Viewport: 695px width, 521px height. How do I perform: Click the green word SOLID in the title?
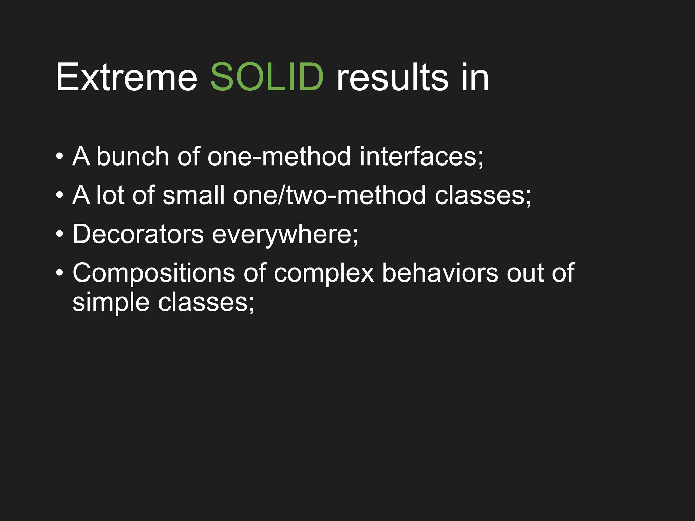pyautogui.click(x=267, y=77)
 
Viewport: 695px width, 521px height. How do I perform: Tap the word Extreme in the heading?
pyautogui.click(x=127, y=77)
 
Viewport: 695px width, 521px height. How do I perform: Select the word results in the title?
pyautogui.click(x=392, y=77)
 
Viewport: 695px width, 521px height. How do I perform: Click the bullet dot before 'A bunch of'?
pyautogui.click(x=60, y=157)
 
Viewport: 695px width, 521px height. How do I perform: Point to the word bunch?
pyautogui.click(x=132, y=157)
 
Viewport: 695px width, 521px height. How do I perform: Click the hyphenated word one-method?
pyautogui.click(x=279, y=157)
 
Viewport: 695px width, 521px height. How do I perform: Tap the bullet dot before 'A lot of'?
pyautogui.click(x=60, y=196)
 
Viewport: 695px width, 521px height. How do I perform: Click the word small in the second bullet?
pyautogui.click(x=193, y=196)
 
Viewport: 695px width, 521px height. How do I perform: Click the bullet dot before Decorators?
pyautogui.click(x=60, y=234)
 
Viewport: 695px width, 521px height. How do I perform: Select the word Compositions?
pyautogui.click(x=153, y=273)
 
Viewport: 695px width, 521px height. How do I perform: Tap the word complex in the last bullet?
pyautogui.click(x=323, y=273)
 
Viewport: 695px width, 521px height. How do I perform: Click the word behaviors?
pyautogui.click(x=440, y=273)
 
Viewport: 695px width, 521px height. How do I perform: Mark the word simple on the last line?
pyautogui.click(x=111, y=303)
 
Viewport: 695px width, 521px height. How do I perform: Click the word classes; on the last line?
pyautogui.click(x=206, y=303)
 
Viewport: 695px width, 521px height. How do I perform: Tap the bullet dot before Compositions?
pyautogui.click(x=60, y=273)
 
